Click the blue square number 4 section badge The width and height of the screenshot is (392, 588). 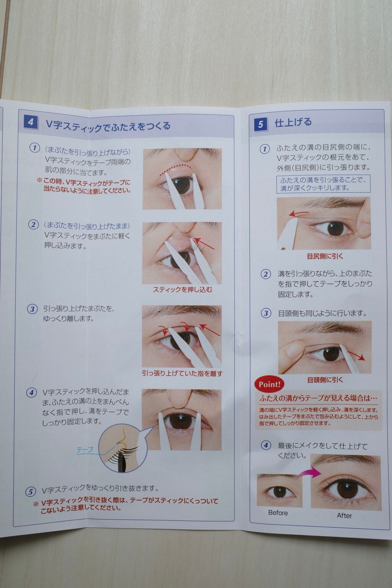[x=30, y=122]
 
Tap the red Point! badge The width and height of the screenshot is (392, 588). [x=269, y=384]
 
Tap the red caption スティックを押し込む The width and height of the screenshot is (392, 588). [x=182, y=289]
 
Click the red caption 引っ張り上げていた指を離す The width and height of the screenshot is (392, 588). [x=182, y=373]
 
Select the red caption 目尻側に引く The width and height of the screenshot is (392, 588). [x=325, y=256]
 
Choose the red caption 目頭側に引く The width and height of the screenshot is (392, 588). [x=325, y=380]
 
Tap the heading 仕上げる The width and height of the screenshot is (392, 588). [x=293, y=123]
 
